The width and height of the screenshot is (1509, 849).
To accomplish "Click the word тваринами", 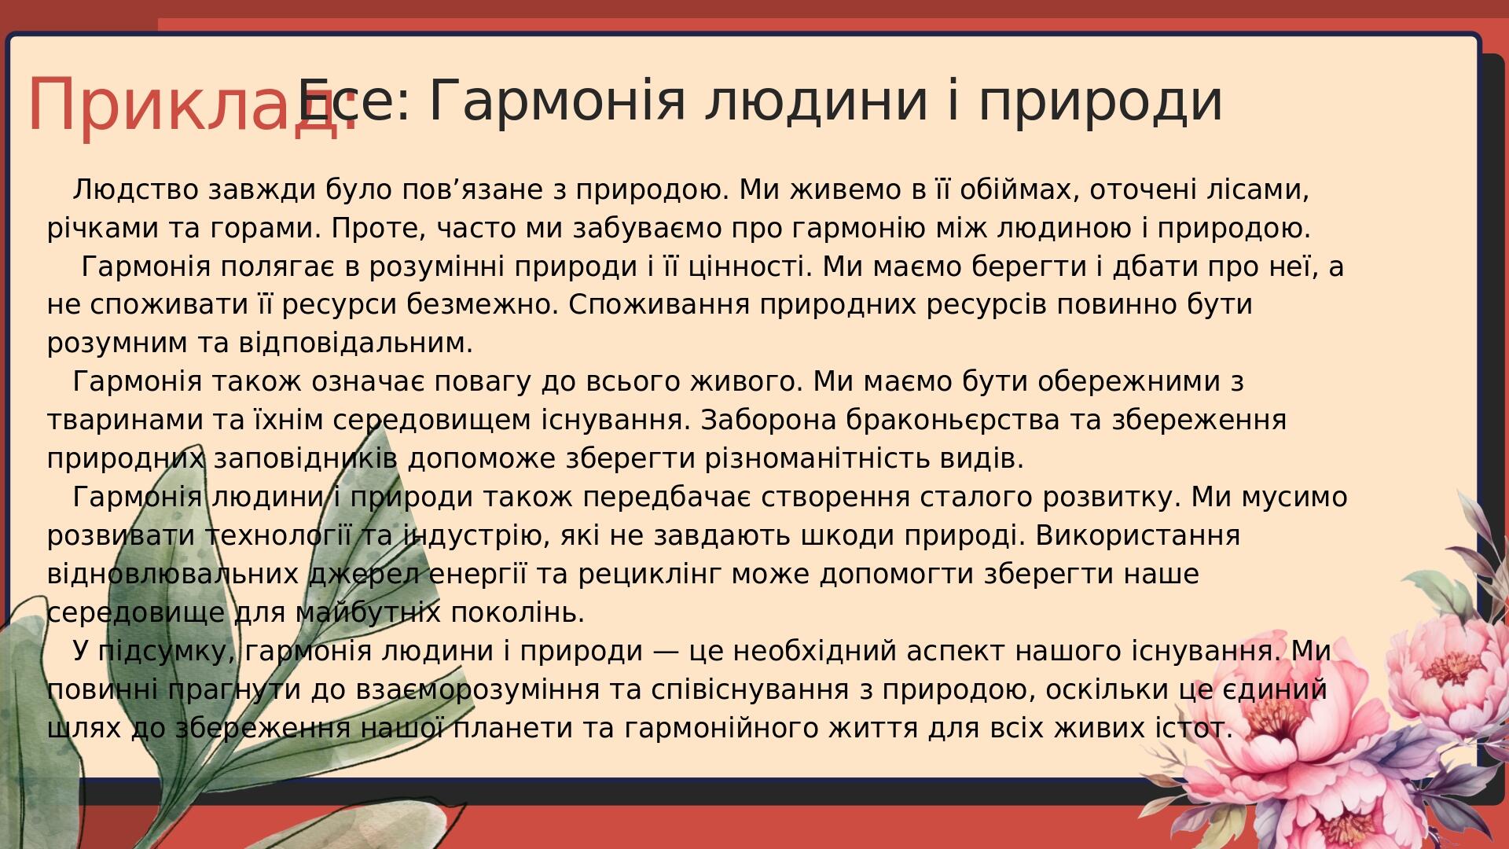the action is click(125, 421).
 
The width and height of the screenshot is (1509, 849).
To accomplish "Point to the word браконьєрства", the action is click(953, 421).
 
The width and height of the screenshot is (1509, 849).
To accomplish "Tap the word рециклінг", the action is click(649, 575).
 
